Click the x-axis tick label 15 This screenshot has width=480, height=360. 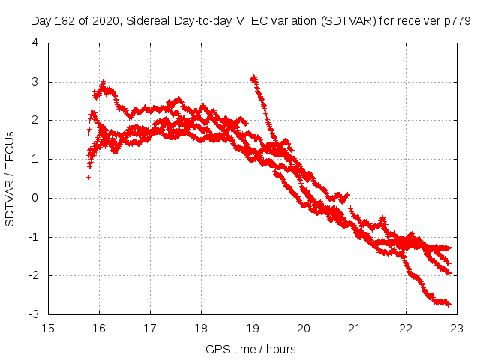[x=48, y=328]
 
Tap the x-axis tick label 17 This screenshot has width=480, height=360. [x=150, y=328]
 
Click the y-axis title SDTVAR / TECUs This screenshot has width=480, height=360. [x=10, y=178]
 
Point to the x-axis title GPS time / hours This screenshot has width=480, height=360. [x=251, y=349]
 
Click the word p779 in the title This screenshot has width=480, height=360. [x=457, y=21]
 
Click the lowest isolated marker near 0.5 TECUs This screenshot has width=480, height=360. [x=88, y=177]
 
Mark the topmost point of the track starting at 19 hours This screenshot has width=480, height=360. [x=253, y=76]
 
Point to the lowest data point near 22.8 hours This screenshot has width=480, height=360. [x=448, y=304]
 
